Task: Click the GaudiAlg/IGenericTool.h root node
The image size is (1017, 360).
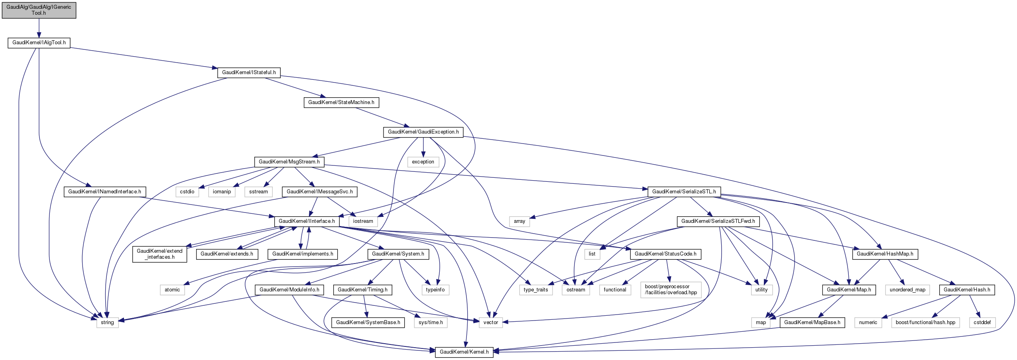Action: (x=39, y=10)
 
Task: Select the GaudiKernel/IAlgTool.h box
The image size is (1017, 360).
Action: (x=39, y=43)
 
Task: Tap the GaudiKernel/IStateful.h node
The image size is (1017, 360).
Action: (x=249, y=73)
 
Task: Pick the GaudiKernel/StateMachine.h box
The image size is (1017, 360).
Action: (x=341, y=102)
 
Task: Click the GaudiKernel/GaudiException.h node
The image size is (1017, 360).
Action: (x=423, y=132)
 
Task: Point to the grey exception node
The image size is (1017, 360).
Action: (x=423, y=162)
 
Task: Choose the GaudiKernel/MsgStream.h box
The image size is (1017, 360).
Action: (x=289, y=162)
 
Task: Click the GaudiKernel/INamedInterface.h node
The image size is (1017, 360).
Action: (x=104, y=192)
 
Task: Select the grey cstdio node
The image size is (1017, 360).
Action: (x=187, y=192)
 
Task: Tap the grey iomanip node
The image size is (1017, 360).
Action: (x=222, y=192)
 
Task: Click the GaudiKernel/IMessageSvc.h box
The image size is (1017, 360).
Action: (x=320, y=192)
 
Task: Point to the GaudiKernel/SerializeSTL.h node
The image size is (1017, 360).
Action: (x=684, y=192)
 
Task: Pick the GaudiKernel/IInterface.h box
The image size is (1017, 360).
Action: (x=307, y=221)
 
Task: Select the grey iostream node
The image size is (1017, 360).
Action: (x=363, y=221)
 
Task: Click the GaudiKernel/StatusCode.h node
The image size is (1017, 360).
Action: (x=665, y=254)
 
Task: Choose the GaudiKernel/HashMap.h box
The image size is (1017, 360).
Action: (x=885, y=254)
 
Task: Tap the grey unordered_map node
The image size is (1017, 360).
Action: (x=907, y=290)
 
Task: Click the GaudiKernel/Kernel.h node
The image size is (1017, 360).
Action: (x=464, y=352)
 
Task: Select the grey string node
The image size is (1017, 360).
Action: (x=107, y=323)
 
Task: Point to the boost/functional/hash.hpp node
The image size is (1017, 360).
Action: (x=925, y=323)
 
